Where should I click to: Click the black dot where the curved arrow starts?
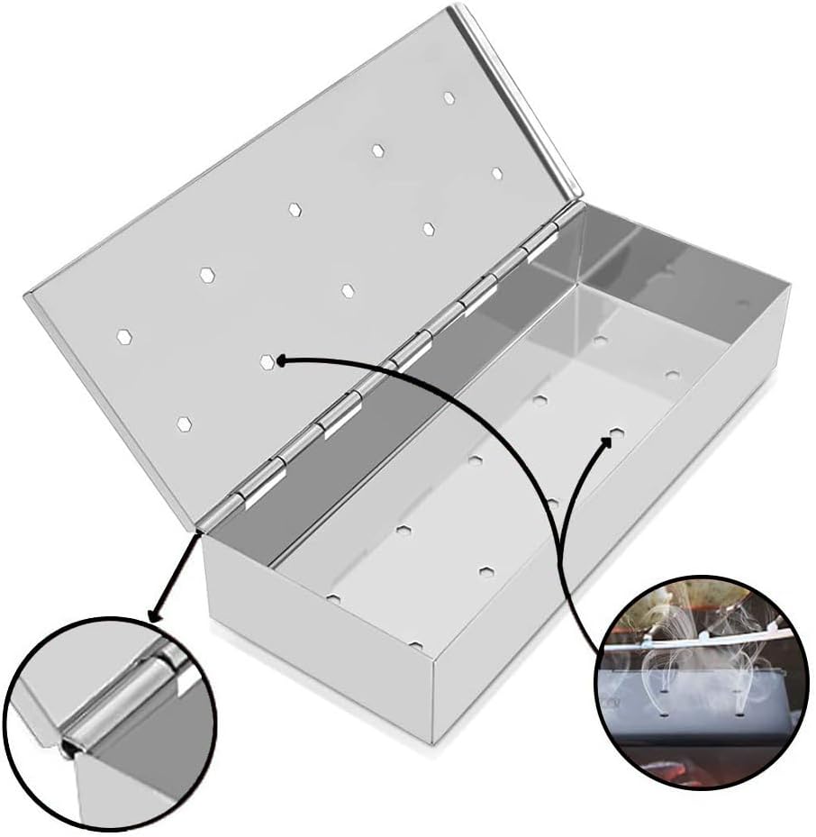click(281, 360)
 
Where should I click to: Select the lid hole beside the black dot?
click(267, 361)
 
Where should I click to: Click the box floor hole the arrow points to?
click(618, 433)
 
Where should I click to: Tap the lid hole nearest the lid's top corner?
click(449, 97)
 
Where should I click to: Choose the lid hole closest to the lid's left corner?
click(123, 336)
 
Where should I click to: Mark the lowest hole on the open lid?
click(184, 423)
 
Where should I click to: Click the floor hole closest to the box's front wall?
click(415, 645)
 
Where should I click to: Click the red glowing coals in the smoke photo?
click(674, 770)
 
